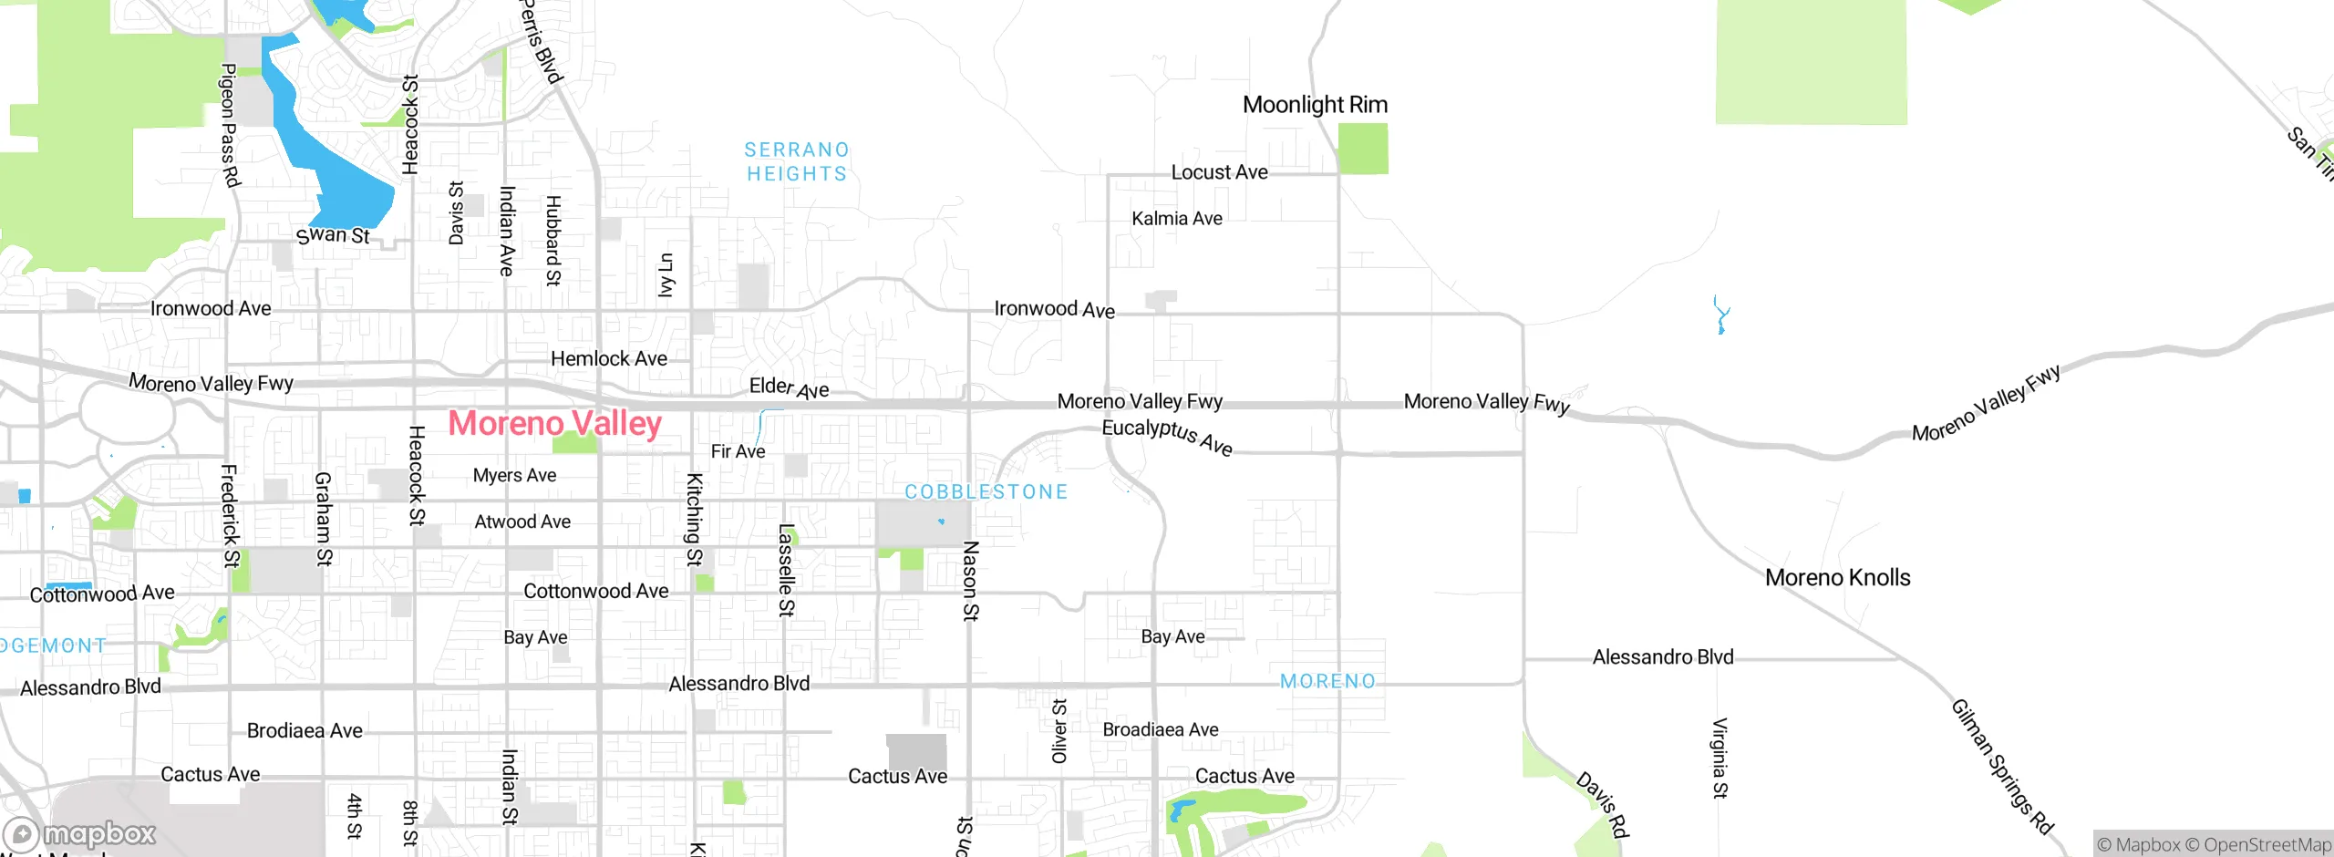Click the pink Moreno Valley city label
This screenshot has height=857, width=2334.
coord(554,424)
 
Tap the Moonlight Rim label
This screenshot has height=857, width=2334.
coord(1315,105)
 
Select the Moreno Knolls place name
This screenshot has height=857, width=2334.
coord(1837,577)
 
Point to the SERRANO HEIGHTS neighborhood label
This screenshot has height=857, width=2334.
coord(797,161)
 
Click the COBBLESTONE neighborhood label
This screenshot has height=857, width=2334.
coord(986,491)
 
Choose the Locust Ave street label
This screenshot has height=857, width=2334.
coord(1219,172)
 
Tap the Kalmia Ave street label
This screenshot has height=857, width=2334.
coord(1176,219)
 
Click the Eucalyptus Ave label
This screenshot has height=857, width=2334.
coord(1167,437)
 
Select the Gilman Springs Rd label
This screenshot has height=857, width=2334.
coord(2001,767)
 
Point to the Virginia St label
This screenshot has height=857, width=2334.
coord(1720,758)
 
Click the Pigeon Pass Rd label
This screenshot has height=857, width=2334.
coord(230,125)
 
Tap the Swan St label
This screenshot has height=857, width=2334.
coord(333,235)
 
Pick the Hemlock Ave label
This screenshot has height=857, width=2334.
coord(608,359)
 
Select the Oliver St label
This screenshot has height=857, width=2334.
coord(1059,731)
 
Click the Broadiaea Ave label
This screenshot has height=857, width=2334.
coord(1160,729)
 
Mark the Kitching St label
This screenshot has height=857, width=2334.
coord(695,519)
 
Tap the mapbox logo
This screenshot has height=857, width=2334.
coord(80,834)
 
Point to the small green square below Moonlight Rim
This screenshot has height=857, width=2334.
coord(1363,149)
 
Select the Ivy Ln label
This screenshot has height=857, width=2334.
coord(666,274)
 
